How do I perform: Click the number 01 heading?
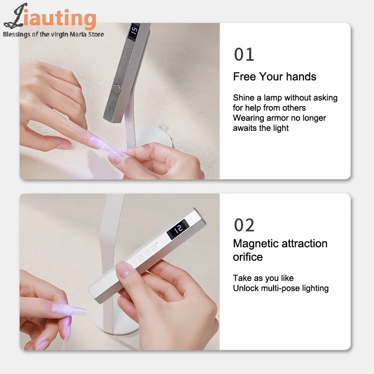tap(244, 55)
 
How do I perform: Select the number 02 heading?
tap(244, 225)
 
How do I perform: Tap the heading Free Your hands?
tap(274, 77)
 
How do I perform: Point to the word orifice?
tap(248, 257)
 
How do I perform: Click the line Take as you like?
tap(263, 278)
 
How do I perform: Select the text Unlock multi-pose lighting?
tap(280, 288)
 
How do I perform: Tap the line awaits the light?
tap(261, 128)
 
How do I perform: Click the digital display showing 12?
tap(178, 230)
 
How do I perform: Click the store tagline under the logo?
tap(53, 34)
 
